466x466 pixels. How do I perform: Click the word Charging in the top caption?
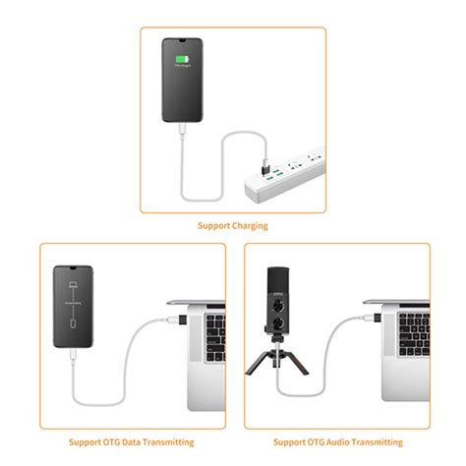[x=252, y=225]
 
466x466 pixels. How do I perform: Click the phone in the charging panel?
[x=184, y=80]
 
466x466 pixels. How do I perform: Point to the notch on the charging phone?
[x=184, y=40]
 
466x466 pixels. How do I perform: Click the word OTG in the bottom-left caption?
[x=114, y=442]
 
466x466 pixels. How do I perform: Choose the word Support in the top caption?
[x=213, y=225]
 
